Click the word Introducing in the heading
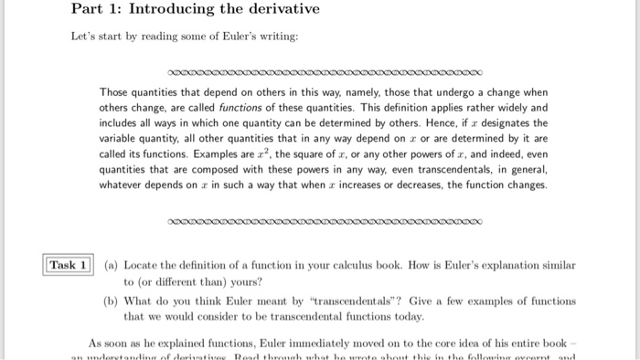point(151,10)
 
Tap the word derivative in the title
point(278,10)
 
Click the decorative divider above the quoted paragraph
point(325,70)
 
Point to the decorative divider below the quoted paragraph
point(325,221)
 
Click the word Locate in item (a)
point(142,265)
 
